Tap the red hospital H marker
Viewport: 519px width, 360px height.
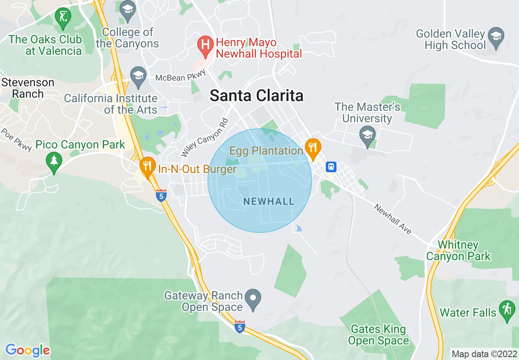point(205,44)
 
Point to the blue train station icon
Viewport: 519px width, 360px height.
point(331,166)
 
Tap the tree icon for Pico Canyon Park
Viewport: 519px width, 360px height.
point(54,160)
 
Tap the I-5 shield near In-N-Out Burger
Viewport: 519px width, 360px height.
point(161,196)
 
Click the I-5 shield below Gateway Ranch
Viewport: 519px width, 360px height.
point(240,327)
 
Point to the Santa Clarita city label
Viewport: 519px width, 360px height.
point(257,96)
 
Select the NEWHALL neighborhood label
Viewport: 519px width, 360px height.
point(269,201)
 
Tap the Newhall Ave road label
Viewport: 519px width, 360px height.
point(393,219)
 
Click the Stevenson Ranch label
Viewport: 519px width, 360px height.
point(28,88)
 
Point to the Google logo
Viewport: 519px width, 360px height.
point(28,350)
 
